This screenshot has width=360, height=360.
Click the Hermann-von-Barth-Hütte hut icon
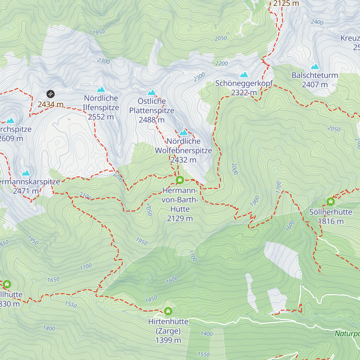(x=180, y=180)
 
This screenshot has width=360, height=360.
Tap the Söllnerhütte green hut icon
(x=331, y=201)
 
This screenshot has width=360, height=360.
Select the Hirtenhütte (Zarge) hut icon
(x=168, y=311)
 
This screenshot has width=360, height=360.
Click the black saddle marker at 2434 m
(x=50, y=94)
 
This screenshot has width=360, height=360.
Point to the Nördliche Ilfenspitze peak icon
(x=101, y=89)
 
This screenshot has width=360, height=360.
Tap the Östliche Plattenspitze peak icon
(x=151, y=92)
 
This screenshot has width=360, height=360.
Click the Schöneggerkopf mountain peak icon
(x=244, y=75)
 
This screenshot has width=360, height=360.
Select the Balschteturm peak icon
(x=315, y=67)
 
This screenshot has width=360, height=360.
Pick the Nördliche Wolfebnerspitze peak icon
(x=183, y=132)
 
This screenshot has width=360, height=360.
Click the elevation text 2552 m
(x=101, y=117)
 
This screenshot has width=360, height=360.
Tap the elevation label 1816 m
(x=331, y=221)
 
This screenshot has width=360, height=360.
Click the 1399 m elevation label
(x=168, y=340)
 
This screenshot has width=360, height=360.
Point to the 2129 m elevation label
(x=180, y=218)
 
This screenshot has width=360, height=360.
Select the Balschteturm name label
(x=315, y=75)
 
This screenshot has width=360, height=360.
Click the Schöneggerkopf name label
(x=244, y=83)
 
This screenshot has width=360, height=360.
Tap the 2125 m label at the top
(x=286, y=4)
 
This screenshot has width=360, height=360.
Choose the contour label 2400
(x=317, y=22)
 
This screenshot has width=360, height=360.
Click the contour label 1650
(x=53, y=280)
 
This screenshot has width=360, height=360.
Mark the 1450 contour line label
(x=151, y=299)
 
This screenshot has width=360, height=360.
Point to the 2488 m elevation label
(x=151, y=120)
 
